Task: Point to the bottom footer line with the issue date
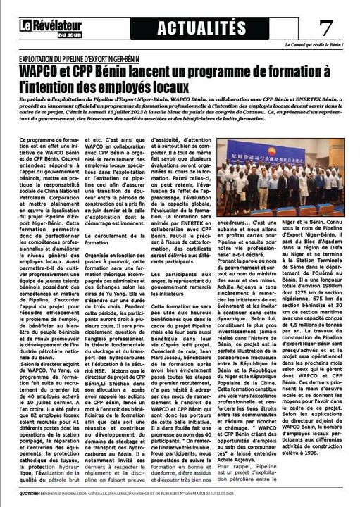click(x=180, y=501)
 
